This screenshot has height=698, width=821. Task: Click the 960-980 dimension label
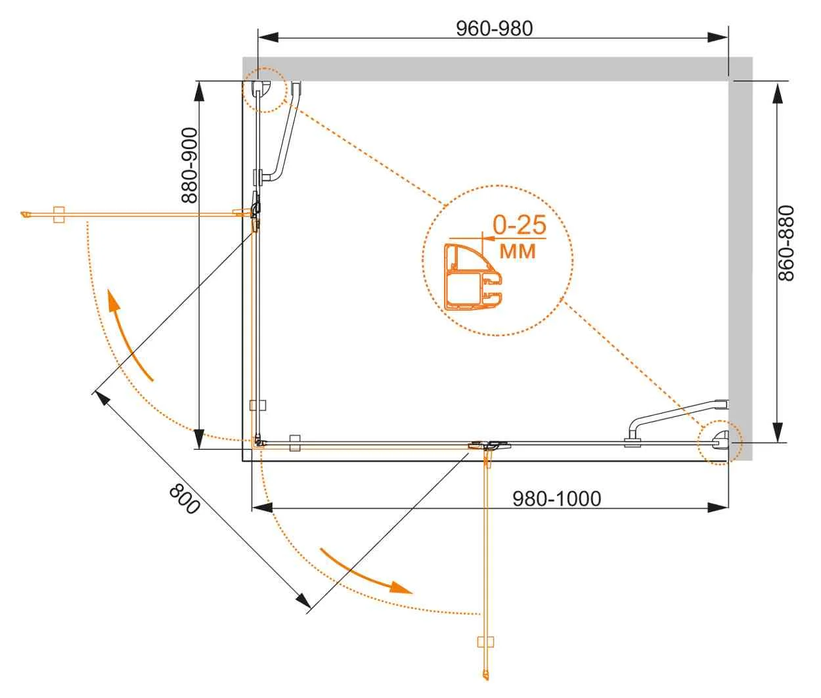pyautogui.click(x=494, y=29)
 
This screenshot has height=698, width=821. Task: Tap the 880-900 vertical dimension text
pyautogui.click(x=189, y=165)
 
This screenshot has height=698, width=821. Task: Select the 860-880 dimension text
pyautogui.click(x=786, y=243)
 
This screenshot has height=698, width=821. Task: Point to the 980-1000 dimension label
pyautogui.click(x=556, y=498)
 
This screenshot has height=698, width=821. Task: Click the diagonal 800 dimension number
pyautogui.click(x=184, y=499)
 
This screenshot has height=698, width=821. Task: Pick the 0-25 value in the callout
pyautogui.click(x=520, y=225)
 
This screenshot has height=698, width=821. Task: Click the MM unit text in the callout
pyautogui.click(x=518, y=251)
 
